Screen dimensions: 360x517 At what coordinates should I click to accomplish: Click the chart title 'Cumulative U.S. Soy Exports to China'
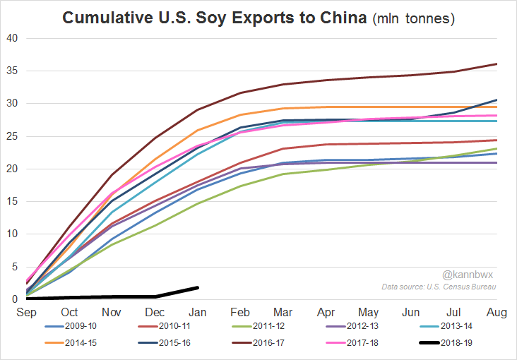pos(215,18)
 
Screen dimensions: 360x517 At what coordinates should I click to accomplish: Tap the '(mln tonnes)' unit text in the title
pos(413,18)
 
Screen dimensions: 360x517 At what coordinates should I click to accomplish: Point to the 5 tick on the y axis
pos(13,267)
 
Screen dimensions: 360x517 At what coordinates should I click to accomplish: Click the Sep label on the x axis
pos(28,312)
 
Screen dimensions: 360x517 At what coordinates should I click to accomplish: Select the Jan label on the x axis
pos(198,312)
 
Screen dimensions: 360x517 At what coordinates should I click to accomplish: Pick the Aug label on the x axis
pos(497,312)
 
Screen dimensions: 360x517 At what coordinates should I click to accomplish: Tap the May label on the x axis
pos(369,312)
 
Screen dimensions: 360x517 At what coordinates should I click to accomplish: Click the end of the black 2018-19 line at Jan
pos(198,287)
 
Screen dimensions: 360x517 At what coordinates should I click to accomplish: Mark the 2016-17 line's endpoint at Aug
pos(497,64)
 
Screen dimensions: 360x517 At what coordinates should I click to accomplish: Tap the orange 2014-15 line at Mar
pos(283,108)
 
